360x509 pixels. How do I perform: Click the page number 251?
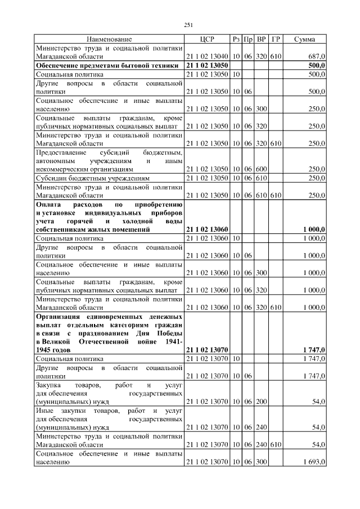pos(188,25)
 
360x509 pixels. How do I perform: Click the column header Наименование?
pos(109,39)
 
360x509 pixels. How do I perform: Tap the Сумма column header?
pos(304,39)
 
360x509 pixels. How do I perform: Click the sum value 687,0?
pos(317,57)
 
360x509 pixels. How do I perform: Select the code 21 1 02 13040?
pos(206,57)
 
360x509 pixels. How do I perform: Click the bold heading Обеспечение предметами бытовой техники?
pos(107,66)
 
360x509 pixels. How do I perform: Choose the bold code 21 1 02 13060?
pos(206,230)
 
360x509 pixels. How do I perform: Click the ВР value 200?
pos(262,402)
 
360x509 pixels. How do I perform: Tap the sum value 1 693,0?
pos(313,462)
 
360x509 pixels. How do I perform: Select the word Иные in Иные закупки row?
pos(44,411)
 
